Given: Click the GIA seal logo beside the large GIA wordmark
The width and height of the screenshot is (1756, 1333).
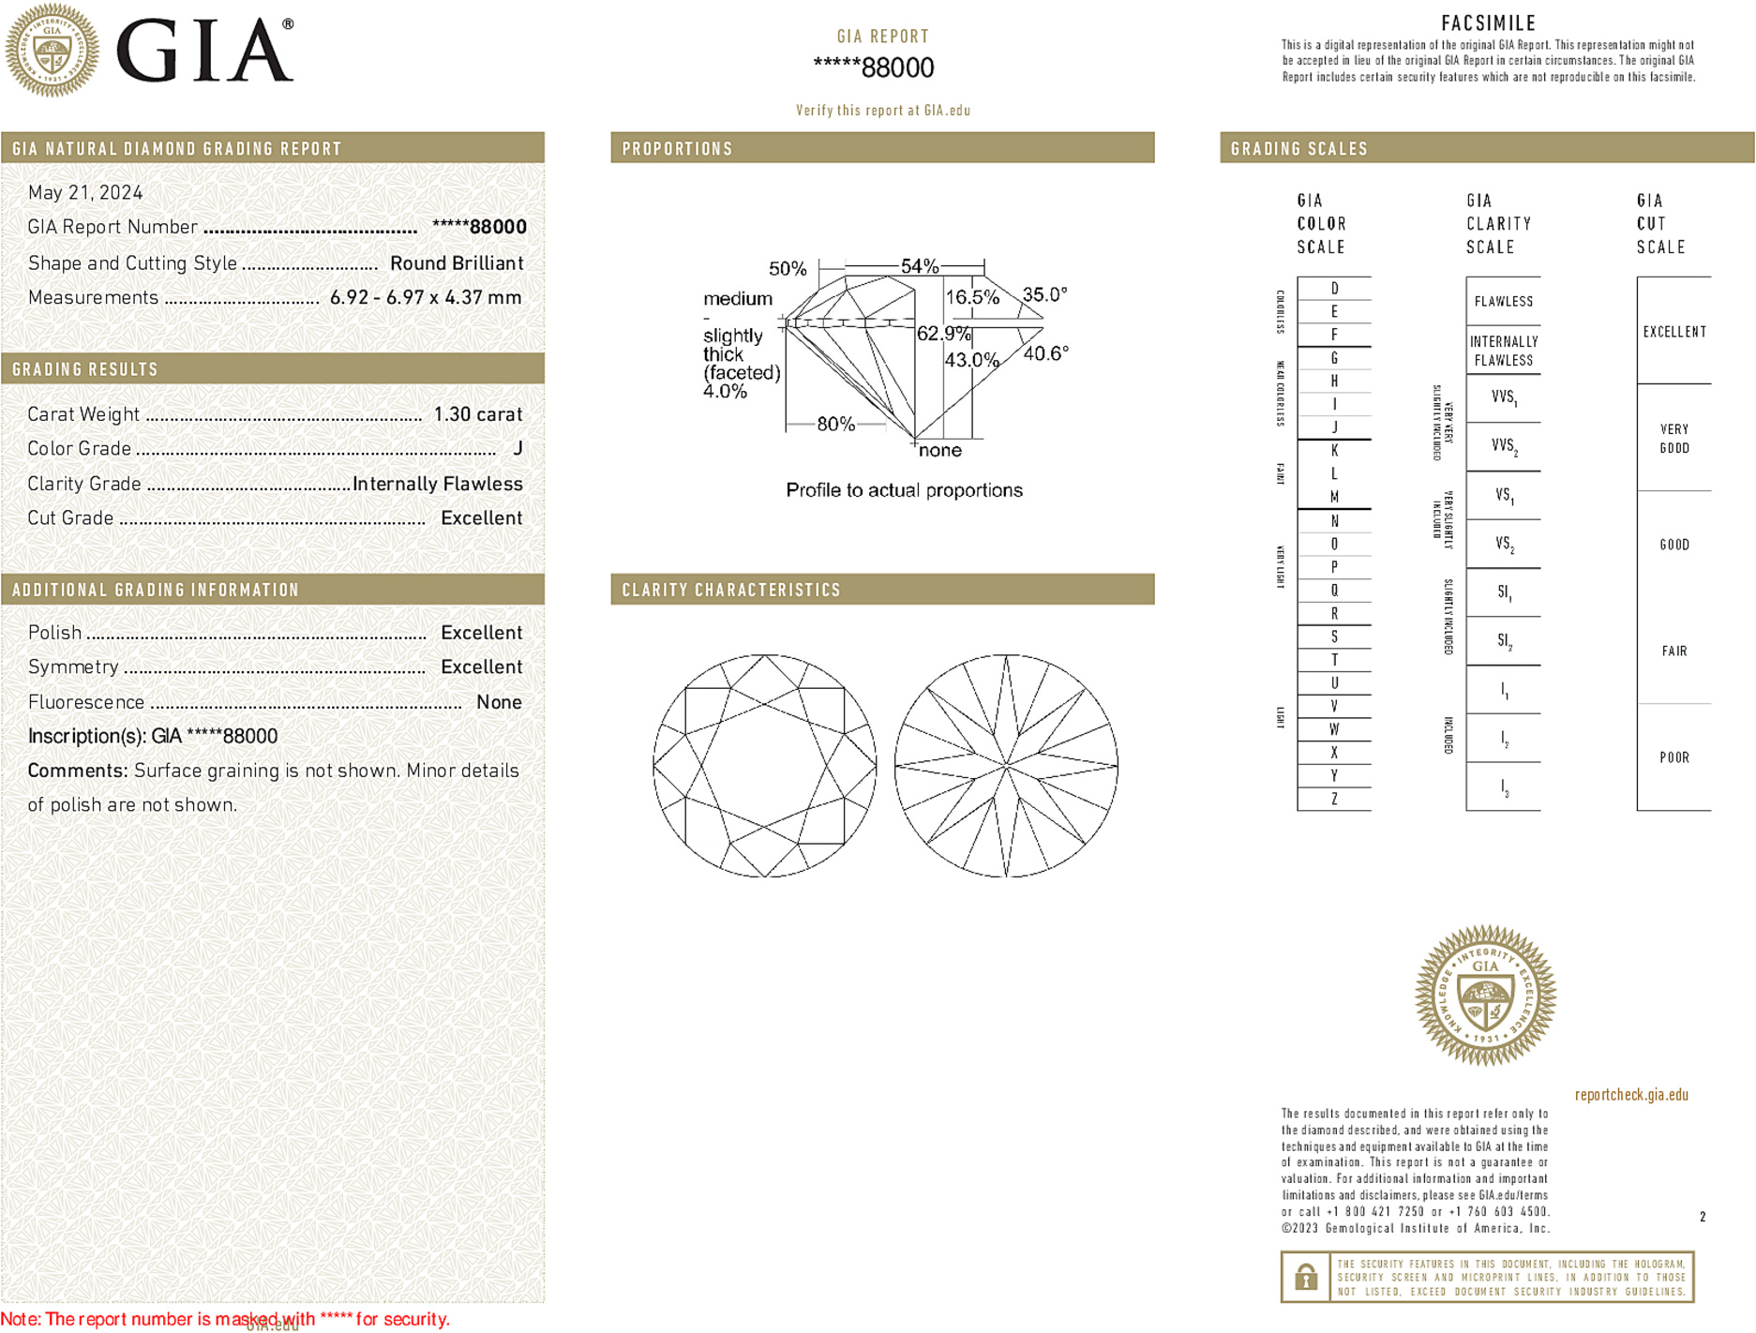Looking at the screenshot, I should click(52, 50).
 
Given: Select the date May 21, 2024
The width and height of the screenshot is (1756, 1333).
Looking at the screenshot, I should click(85, 192).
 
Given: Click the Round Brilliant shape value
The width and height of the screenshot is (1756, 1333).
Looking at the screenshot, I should click(457, 263).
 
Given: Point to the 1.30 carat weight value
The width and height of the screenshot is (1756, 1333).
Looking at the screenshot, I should click(477, 414).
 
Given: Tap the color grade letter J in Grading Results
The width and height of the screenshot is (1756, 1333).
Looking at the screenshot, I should click(518, 449).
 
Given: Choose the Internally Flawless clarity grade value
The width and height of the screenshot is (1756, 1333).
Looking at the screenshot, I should click(438, 484).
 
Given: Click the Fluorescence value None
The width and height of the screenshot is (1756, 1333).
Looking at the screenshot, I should click(499, 702).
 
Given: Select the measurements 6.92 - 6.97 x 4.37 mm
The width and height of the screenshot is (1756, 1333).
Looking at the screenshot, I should click(426, 298).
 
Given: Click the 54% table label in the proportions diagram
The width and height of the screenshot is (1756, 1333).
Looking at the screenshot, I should click(919, 266).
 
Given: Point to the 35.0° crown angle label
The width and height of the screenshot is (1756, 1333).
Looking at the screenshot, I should click(1044, 294).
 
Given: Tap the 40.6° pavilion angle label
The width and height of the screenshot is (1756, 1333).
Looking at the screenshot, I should click(1045, 353).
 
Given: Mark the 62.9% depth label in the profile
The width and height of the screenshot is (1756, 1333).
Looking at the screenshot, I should click(943, 334).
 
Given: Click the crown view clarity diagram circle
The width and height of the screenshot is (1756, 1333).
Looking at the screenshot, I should click(765, 766).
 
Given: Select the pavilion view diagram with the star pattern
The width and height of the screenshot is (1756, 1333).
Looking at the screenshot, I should click(1006, 766).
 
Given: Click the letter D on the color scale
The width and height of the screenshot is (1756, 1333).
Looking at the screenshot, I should click(1334, 289).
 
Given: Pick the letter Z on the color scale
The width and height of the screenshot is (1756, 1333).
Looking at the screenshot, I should click(1334, 799).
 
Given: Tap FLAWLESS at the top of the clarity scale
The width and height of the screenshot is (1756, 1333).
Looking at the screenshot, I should click(1503, 302).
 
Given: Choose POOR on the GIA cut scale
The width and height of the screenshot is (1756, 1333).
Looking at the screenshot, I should click(1673, 757).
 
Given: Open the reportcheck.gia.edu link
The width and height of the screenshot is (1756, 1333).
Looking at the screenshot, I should click(1631, 1095).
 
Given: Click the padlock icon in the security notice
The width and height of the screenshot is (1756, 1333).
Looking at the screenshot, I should click(1306, 1277).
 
